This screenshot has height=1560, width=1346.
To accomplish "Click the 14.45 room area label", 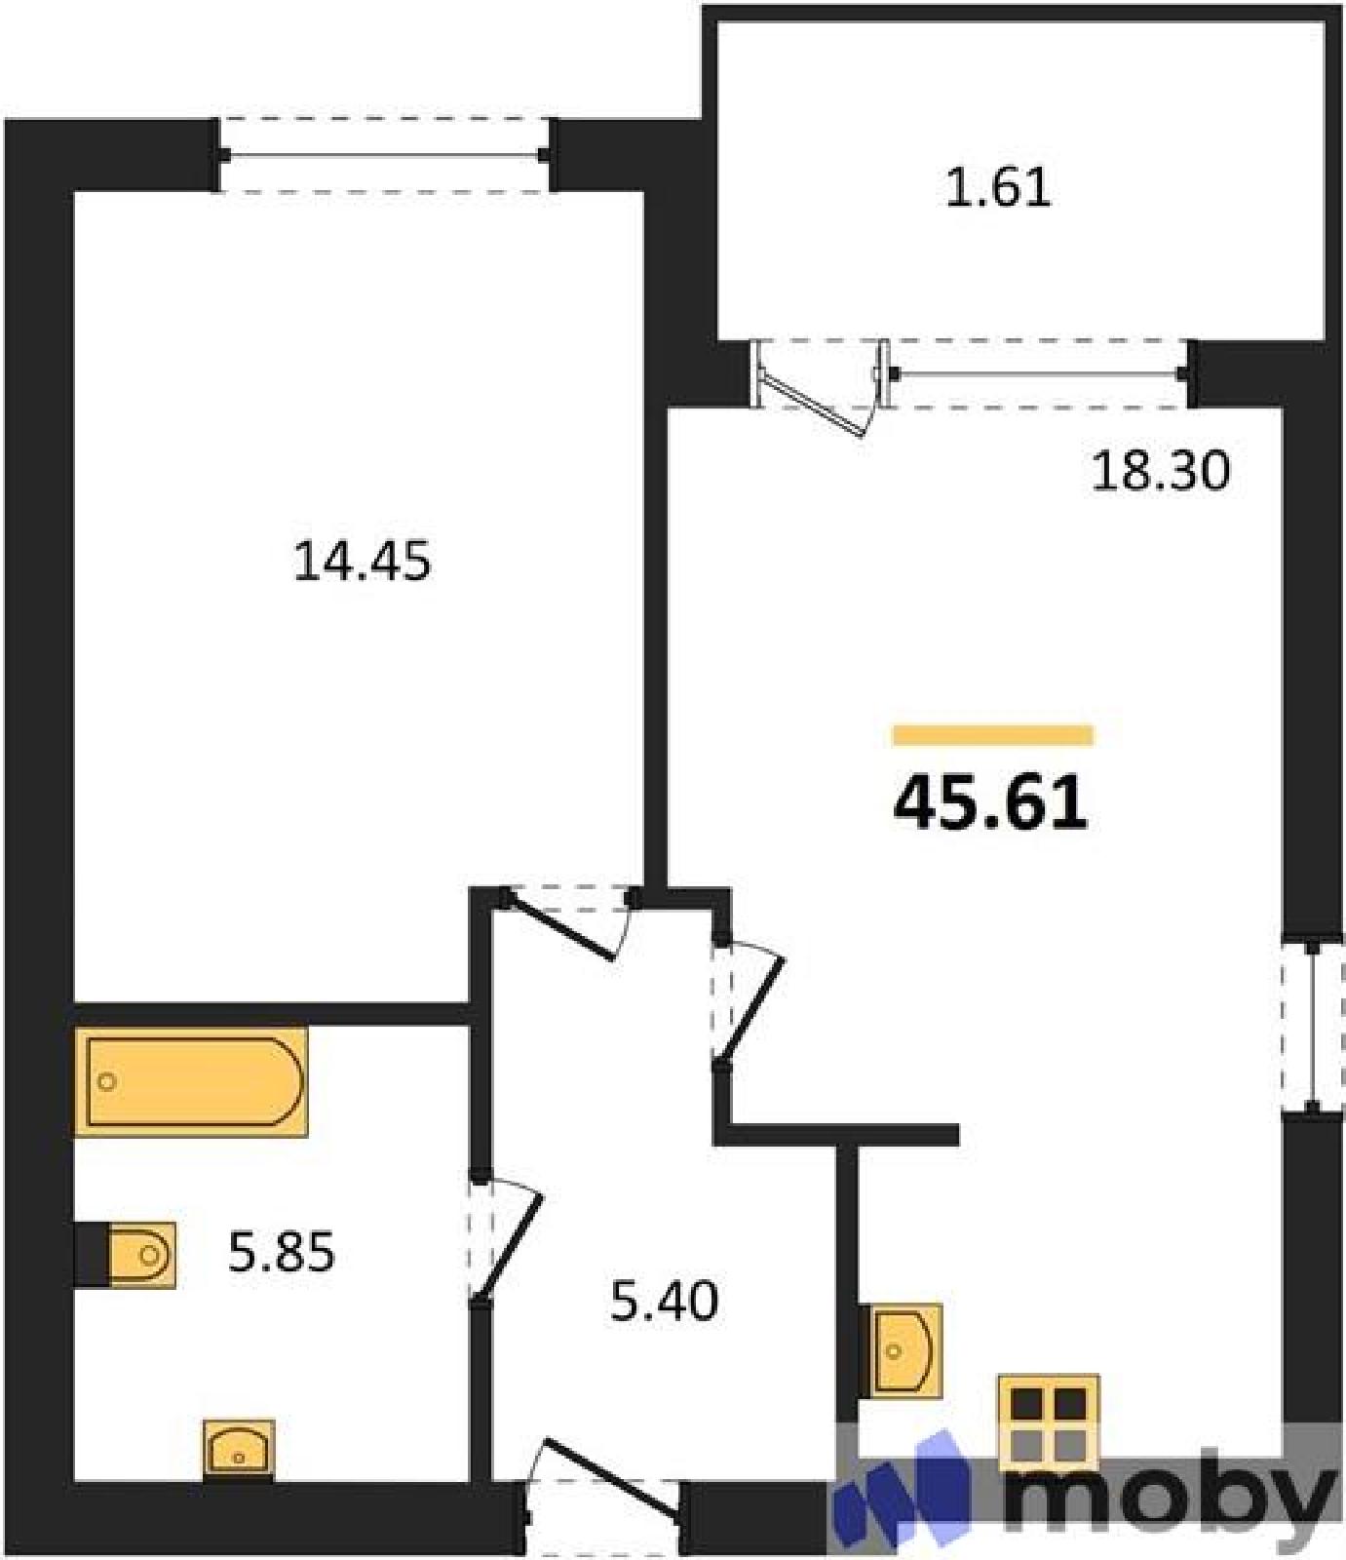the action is point(362,563).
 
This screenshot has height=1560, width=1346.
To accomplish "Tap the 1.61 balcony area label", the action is point(999,188).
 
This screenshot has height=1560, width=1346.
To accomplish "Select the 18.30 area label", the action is point(1161,472).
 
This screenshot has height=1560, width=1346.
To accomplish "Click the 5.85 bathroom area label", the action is point(282,1252).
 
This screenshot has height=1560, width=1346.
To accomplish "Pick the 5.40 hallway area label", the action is point(664,1301).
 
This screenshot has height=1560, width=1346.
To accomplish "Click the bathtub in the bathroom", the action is point(192,1081).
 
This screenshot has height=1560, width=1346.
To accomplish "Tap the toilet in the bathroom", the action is point(142,1255).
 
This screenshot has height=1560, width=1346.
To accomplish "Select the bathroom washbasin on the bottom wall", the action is point(239,1450).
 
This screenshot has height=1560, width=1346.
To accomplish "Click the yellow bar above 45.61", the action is point(993,735).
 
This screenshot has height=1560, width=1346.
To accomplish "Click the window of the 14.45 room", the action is point(384,154).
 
